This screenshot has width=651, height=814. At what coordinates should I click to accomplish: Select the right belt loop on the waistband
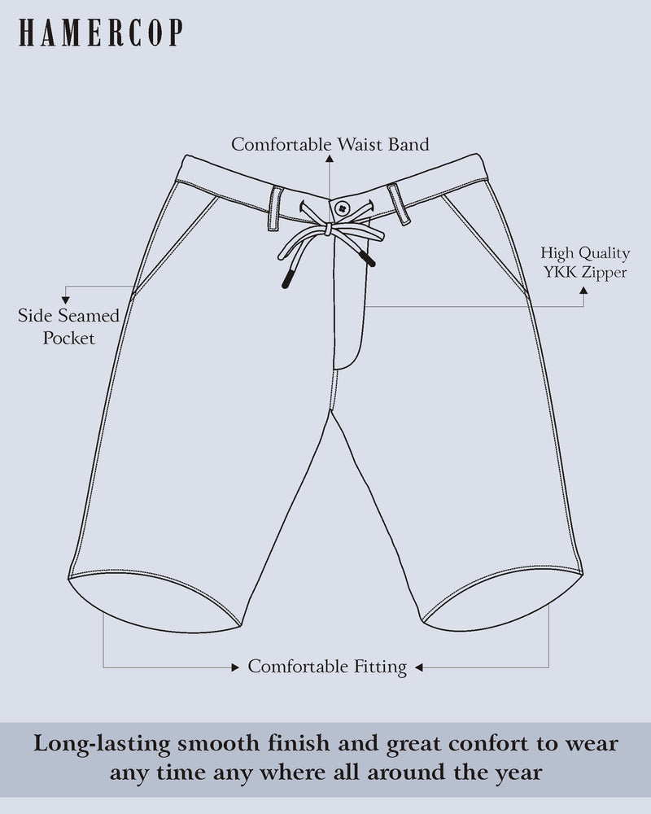point(399,204)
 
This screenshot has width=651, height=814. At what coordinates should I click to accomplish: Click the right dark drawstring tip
point(368,260)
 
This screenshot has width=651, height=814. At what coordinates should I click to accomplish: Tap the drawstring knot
point(328,230)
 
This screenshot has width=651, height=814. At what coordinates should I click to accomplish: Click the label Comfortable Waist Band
point(330,145)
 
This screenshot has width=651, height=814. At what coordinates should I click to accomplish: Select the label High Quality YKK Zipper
point(584,263)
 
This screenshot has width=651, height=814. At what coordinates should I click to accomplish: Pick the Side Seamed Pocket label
point(69,326)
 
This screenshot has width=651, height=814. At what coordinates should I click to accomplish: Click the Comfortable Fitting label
point(327,667)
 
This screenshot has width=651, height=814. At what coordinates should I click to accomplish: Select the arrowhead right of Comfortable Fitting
point(420,667)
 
